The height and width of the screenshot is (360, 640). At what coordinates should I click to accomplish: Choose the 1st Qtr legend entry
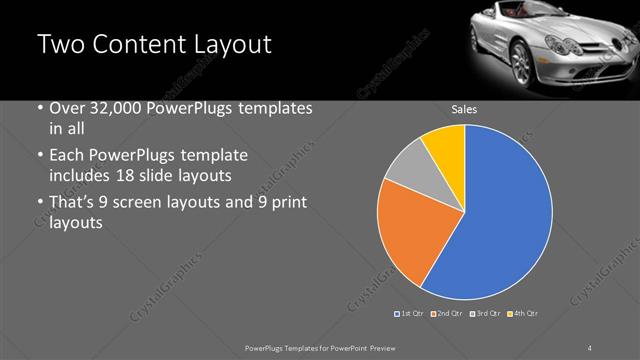(x=410, y=314)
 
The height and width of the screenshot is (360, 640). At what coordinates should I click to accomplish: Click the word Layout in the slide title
(x=232, y=45)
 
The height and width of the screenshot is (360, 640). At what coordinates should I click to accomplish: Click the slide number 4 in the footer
(x=590, y=346)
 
